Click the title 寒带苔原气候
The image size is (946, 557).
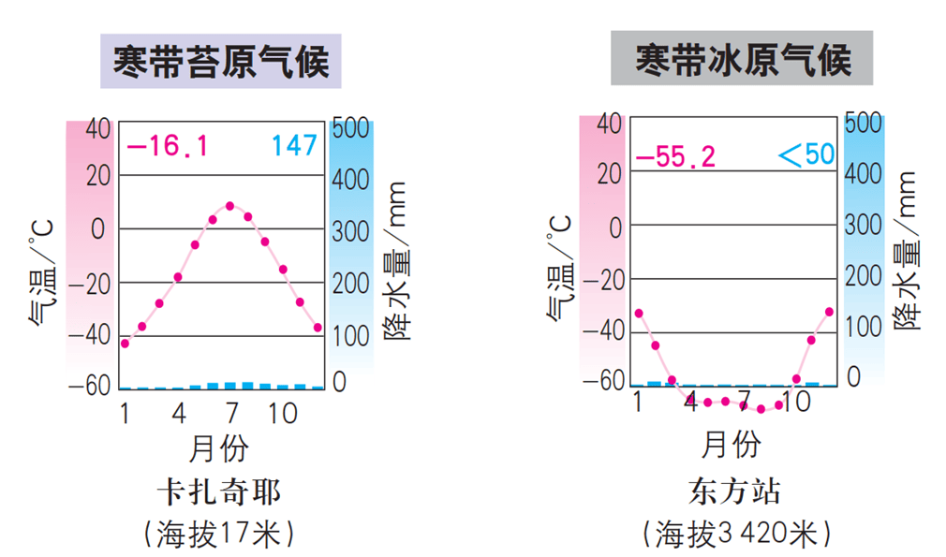[220, 62]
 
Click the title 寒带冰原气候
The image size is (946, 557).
[742, 59]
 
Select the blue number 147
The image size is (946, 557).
[294, 146]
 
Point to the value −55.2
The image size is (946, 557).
[675, 156]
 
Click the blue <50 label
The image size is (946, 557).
[806, 154]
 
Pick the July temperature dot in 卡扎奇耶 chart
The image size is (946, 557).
[229, 206]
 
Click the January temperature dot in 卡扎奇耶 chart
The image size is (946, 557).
[125, 344]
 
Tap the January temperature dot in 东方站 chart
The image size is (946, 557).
[639, 313]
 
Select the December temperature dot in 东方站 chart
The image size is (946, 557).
[829, 312]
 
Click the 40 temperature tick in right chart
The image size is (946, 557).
[609, 123]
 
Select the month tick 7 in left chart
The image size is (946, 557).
[230, 412]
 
